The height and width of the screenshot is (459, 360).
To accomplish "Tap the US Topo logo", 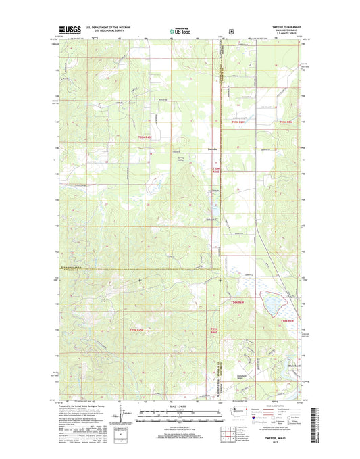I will [x=179, y=30].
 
